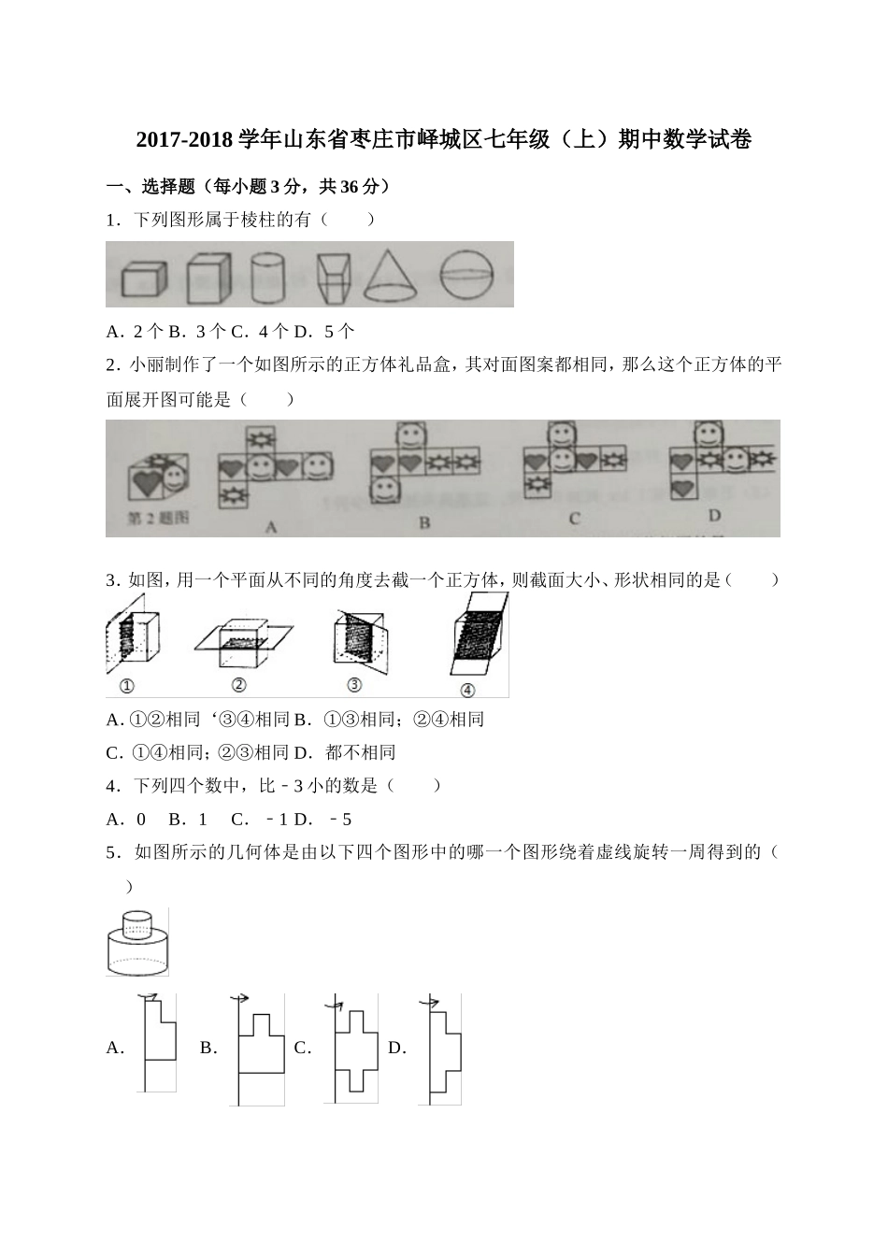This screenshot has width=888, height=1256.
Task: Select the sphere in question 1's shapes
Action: (465, 275)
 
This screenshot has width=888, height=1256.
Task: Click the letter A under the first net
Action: (271, 527)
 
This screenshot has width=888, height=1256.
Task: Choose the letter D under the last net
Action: (714, 516)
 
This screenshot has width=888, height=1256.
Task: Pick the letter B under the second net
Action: (424, 522)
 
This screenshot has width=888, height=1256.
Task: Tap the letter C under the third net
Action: (574, 520)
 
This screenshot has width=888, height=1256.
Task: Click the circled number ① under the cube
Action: (127, 686)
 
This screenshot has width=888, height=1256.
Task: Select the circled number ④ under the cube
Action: (467, 690)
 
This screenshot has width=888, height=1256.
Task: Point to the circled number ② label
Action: (238, 685)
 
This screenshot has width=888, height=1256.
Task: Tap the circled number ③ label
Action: (353, 685)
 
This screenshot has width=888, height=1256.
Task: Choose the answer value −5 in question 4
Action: (340, 820)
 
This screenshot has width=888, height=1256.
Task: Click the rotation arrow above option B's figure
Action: (240, 999)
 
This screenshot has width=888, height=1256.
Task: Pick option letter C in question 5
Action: (302, 1049)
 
